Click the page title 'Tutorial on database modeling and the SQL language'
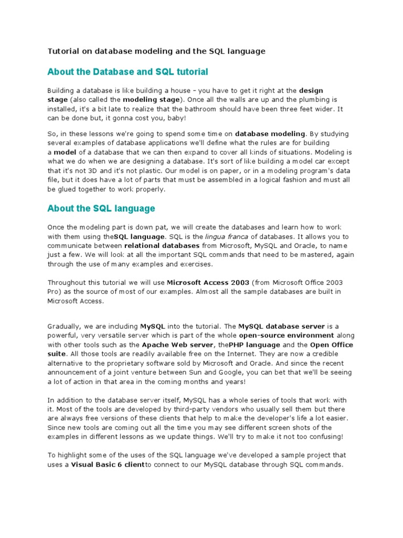[x=156, y=51]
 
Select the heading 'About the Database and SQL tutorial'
[x=128, y=71]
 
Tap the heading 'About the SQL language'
[x=101, y=209]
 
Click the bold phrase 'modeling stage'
[x=151, y=99]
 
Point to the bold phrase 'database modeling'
[x=270, y=134]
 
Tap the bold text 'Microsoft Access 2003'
[x=208, y=282]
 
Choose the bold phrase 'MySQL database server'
[x=282, y=326]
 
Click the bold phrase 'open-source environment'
[x=287, y=335]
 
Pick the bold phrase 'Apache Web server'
[x=177, y=345]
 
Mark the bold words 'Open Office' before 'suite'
[x=331, y=345]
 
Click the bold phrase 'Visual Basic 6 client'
[x=108, y=465]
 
